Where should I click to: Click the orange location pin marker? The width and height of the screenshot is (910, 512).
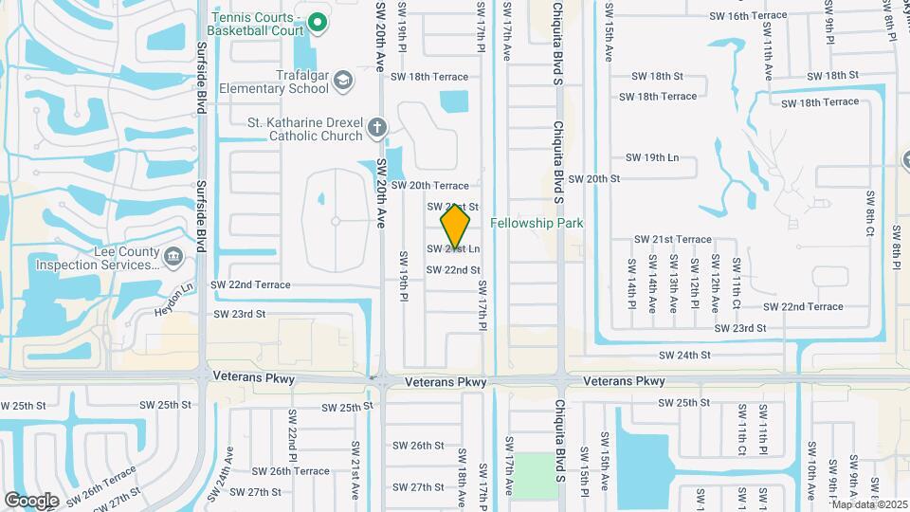coord(456,228)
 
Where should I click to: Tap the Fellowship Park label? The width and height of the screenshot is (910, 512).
coord(537,224)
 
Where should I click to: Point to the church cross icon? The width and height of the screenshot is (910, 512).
coord(376,128)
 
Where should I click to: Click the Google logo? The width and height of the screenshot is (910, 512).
coord(31,500)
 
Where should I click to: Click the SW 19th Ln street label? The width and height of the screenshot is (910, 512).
coord(653,157)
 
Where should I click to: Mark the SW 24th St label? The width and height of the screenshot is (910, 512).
coord(685,356)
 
